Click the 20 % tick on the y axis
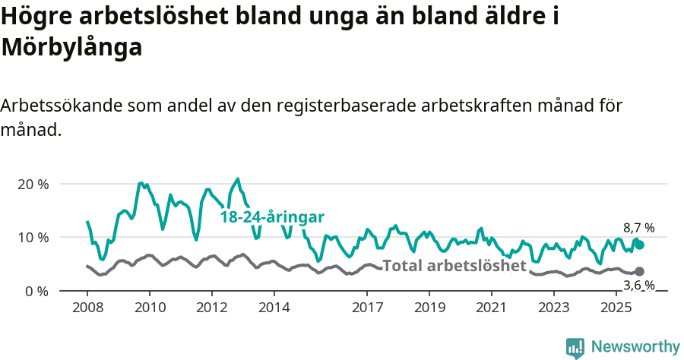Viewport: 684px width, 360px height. click(32, 184)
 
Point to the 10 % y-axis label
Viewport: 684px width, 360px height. click(32, 237)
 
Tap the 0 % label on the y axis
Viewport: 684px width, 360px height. click(35, 291)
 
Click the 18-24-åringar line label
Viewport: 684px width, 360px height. click(272, 217)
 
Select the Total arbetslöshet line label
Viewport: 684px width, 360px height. click(454, 266)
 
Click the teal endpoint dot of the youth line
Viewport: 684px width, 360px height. click(640, 245)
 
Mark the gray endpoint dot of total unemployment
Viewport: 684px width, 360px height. click(640, 271)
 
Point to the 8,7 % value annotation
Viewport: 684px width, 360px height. click(638, 228)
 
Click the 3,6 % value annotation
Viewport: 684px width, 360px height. click(638, 286)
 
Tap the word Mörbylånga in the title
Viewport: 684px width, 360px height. click(72, 47)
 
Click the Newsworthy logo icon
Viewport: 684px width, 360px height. click(575, 347)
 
